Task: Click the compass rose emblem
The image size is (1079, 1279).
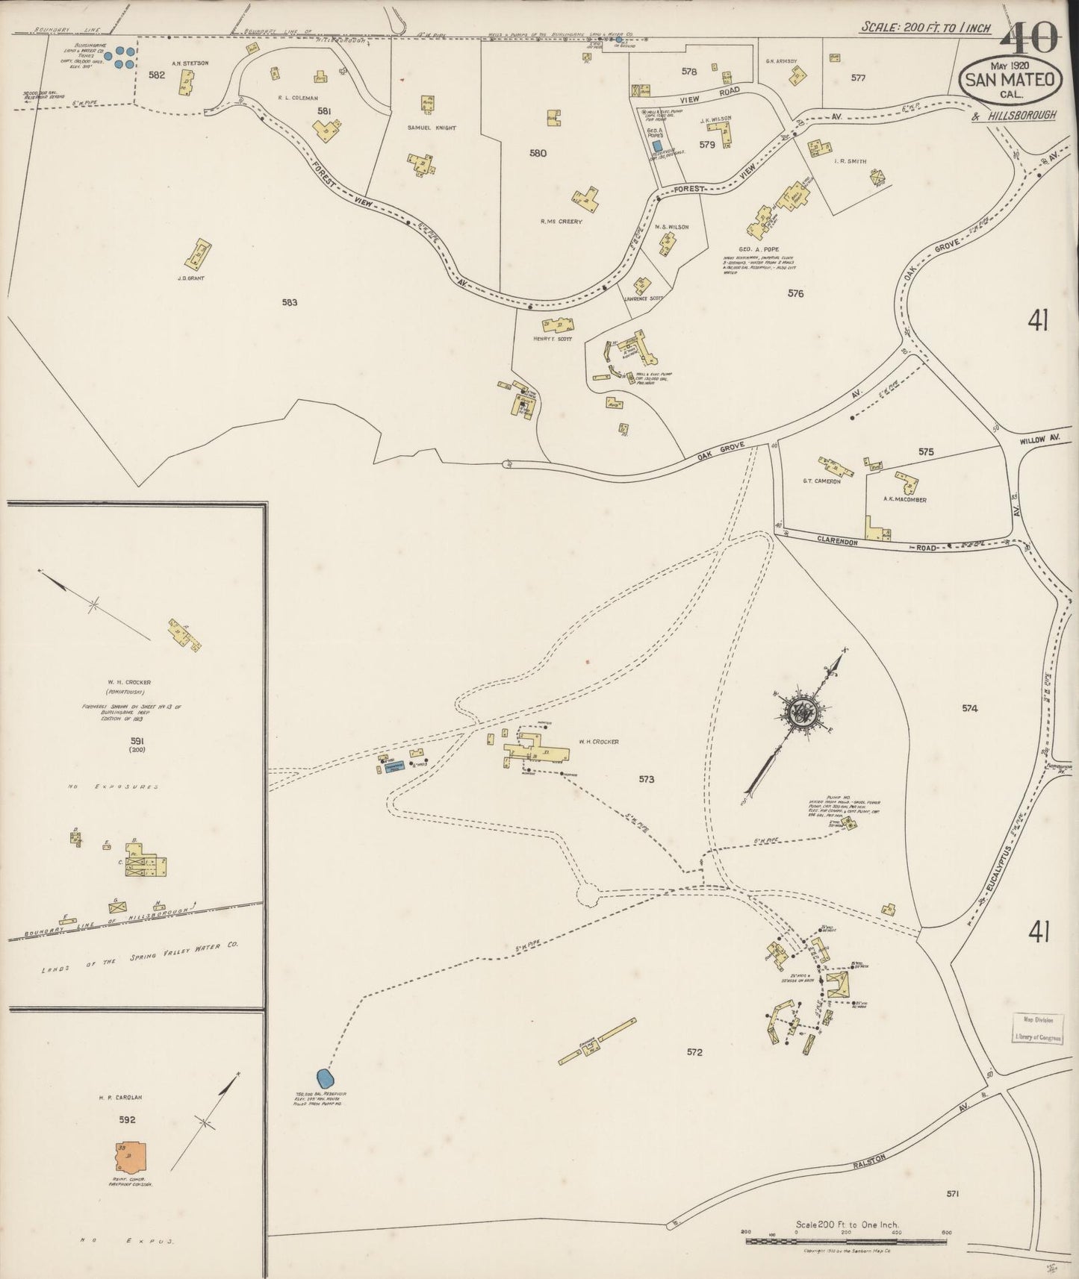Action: (803, 711)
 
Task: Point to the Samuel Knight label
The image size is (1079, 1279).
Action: (432, 128)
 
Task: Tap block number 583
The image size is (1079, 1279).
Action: (290, 302)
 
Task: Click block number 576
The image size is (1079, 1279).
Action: (795, 293)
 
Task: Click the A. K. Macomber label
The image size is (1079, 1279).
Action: (904, 499)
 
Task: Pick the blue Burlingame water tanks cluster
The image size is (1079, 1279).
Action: (119, 56)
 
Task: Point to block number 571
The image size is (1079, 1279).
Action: (952, 1193)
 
